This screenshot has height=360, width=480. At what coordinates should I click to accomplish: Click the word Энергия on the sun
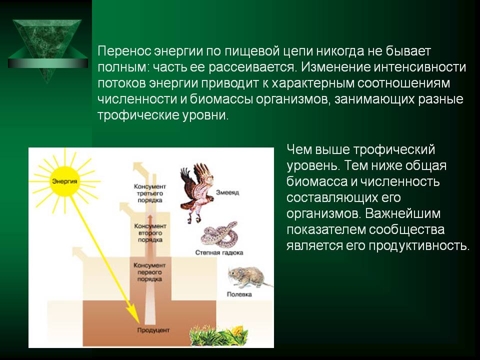click(64, 181)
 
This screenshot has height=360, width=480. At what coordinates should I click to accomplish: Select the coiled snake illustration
click(219, 234)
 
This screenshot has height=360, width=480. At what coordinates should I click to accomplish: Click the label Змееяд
click(227, 192)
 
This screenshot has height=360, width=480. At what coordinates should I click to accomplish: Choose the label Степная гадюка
click(219, 252)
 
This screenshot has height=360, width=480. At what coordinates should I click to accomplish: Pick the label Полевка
click(239, 294)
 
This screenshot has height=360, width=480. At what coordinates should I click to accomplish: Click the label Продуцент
click(153, 330)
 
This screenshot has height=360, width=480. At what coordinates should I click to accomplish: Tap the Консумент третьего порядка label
click(150, 193)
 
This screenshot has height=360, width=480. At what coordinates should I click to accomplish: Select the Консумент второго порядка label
click(150, 233)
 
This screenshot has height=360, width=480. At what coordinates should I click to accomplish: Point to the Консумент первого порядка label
click(149, 272)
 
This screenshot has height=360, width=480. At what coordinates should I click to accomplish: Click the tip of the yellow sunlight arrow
click(139, 323)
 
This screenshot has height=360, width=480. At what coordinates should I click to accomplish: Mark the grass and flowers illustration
click(218, 336)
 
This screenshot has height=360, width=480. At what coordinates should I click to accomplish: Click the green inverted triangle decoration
click(47, 50)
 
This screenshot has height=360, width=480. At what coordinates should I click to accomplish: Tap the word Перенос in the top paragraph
click(124, 51)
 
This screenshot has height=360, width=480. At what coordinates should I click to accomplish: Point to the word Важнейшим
click(402, 213)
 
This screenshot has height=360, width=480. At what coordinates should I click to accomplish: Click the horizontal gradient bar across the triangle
click(48, 63)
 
